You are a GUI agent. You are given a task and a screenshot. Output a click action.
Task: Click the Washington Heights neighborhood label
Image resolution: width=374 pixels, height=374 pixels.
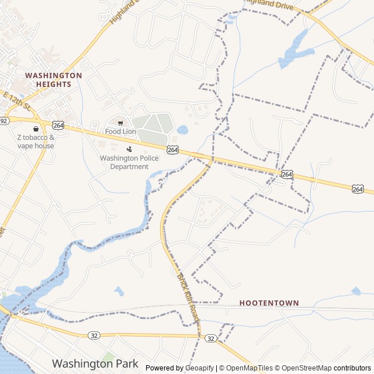coord(53,79)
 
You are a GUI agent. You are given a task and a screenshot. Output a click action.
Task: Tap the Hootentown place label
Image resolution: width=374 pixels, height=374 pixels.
coord(269,303)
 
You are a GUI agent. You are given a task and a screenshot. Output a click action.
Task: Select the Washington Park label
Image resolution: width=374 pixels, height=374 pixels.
coord(95,363)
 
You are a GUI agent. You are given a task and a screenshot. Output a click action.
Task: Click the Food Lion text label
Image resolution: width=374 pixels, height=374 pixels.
coord(120,131)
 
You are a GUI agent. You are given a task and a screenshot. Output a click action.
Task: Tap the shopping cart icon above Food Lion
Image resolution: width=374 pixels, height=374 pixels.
coord(120,123)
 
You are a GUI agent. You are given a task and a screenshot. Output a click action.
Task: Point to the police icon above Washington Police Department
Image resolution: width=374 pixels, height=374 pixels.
coord(129,149)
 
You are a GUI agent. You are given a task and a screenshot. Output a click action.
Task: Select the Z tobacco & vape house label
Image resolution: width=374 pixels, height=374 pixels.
coord(35,141)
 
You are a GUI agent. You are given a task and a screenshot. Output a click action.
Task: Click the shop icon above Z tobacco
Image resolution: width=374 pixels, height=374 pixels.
coord(36,129)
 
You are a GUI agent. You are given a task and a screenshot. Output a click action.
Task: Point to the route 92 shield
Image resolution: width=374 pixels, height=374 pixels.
coord(4,121)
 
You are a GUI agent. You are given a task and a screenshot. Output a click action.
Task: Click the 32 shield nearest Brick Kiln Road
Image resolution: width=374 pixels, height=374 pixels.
coord(211,338)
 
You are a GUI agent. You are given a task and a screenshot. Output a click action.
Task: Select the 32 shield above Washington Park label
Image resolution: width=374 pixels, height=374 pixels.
coord(93,335)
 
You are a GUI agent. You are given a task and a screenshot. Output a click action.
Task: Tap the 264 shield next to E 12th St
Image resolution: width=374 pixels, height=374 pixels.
coord(58,125)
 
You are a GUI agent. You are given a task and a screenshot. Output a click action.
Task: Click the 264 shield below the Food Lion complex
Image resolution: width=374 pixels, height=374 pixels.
coord(172,150)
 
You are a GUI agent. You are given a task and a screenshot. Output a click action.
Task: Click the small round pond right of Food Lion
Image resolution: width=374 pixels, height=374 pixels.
coord(182,130)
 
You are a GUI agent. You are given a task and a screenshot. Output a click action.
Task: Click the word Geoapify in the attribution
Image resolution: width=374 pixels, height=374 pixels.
coord(199,368)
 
